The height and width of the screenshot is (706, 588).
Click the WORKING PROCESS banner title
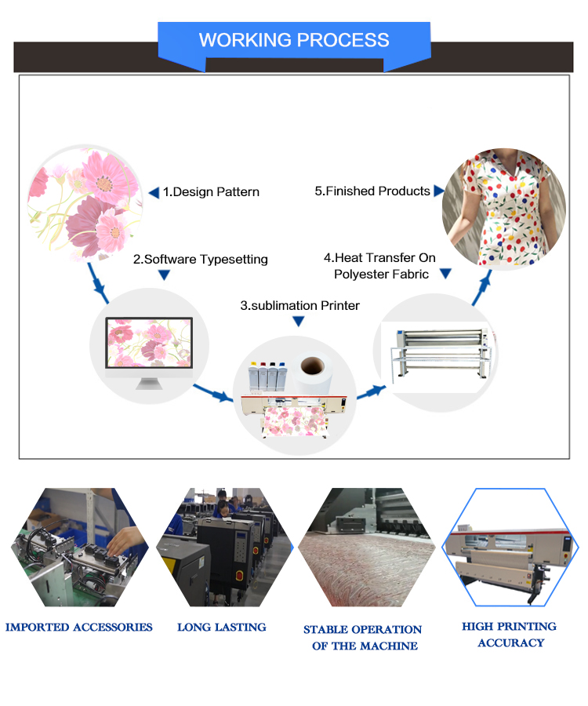(x=293, y=40)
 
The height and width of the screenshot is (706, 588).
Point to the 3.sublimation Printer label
(x=299, y=305)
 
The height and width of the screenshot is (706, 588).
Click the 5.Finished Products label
(x=372, y=191)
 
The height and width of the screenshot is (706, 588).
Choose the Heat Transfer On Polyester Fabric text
(x=380, y=266)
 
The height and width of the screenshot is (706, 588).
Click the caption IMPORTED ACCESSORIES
(x=79, y=627)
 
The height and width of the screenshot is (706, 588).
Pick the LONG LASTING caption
(x=222, y=627)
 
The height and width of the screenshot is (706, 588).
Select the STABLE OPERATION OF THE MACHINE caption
(x=363, y=637)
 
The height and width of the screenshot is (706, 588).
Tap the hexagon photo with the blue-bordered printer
(x=510, y=547)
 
